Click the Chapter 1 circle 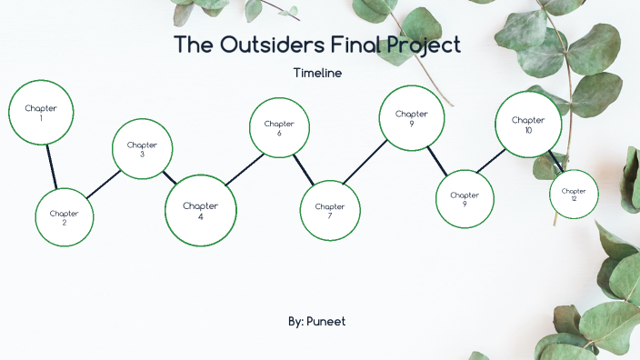41,112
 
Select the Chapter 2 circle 65,217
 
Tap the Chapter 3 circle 142,149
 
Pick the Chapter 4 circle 200,210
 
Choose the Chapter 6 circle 279,127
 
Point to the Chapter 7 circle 330,210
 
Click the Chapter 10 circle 527,125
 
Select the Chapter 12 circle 574,194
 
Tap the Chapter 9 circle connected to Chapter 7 412,117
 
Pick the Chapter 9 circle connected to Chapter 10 465,199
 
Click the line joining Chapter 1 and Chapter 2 52,165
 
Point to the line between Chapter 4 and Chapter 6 244,170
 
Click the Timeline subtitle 317,73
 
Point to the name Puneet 326,322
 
